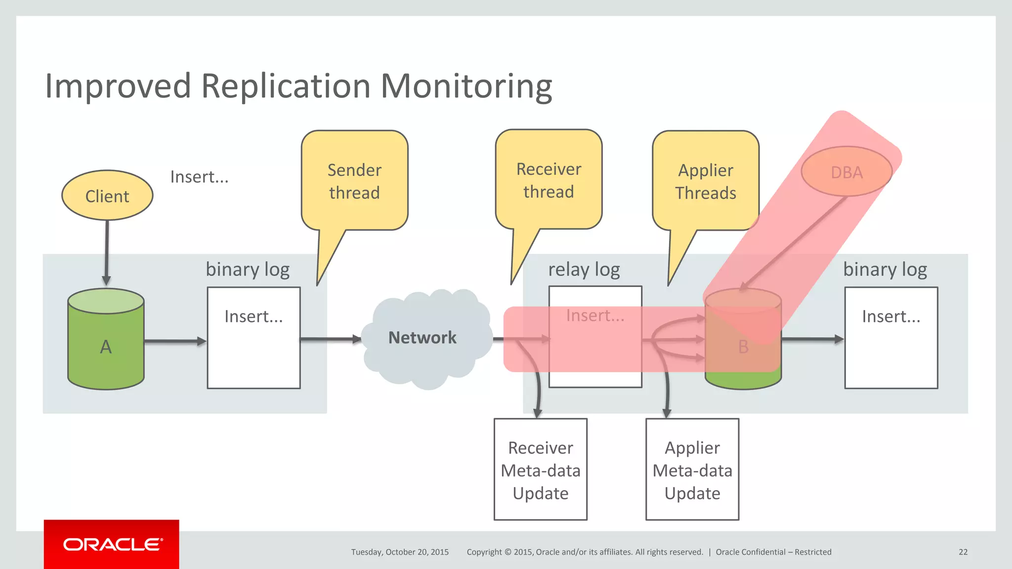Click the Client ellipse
(107, 196)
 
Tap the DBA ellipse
(846, 172)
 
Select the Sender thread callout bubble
(354, 181)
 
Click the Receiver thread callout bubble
(548, 180)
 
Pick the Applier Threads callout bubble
(706, 181)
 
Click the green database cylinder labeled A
(106, 346)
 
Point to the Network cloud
(423, 338)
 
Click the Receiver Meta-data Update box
(540, 470)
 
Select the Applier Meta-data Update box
(692, 470)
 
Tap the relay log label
(584, 270)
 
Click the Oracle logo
(112, 544)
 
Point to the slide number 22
(963, 552)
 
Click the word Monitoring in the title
(466, 86)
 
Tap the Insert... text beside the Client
(199, 177)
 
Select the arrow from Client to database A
(107, 252)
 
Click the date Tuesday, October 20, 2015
(400, 552)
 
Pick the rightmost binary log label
(885, 270)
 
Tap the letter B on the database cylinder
(743, 347)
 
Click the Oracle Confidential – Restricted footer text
(773, 552)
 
